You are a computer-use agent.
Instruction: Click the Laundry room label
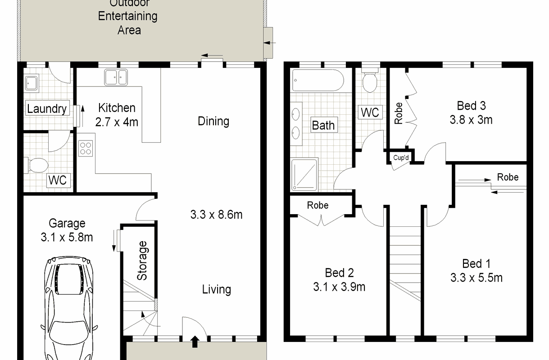click(47, 108)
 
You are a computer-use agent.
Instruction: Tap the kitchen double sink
click(116, 77)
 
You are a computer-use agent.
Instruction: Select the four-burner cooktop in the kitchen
click(86, 148)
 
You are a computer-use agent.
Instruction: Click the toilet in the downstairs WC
click(36, 165)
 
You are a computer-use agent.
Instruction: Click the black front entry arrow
click(195, 342)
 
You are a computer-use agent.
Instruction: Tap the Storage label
click(142, 261)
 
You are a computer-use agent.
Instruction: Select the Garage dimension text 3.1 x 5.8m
click(67, 237)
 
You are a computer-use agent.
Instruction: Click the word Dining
click(213, 121)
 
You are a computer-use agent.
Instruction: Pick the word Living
click(217, 290)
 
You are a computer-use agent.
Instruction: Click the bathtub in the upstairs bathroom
click(318, 81)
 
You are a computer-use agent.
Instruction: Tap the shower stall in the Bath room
click(304, 174)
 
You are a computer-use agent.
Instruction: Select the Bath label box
click(324, 125)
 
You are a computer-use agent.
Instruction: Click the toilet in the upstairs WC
click(370, 80)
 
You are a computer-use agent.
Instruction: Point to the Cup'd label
click(401, 157)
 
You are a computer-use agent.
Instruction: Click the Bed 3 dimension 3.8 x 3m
click(471, 120)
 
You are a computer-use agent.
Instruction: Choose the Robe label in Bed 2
click(318, 205)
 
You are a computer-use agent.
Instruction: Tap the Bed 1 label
click(476, 264)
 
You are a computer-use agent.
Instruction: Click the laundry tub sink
click(32, 83)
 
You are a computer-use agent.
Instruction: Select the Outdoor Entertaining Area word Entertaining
click(128, 16)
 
